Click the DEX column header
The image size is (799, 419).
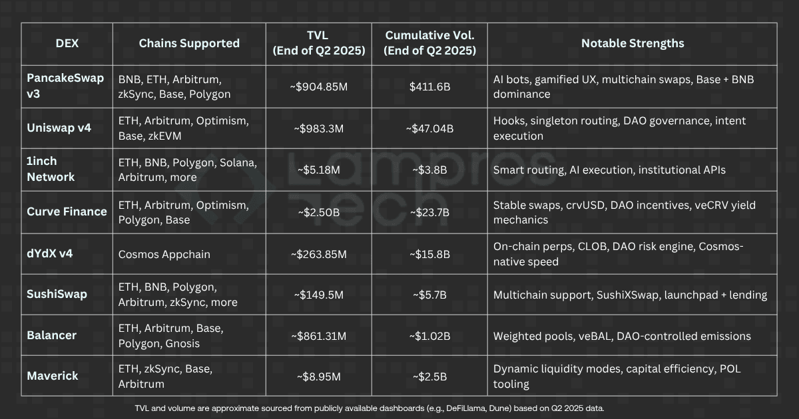tap(67, 43)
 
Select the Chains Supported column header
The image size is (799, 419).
tap(189, 43)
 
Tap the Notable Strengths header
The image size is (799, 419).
tap(632, 43)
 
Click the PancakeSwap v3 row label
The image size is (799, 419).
tap(65, 86)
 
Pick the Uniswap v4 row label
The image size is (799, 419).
tap(59, 128)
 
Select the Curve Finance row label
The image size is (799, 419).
tap(67, 211)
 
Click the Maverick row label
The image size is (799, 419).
tap(53, 376)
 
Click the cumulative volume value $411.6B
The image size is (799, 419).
tap(429, 86)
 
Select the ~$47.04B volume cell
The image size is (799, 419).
tap(429, 128)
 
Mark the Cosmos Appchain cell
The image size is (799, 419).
tap(164, 254)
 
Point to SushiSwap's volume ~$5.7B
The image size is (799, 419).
tap(429, 295)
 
